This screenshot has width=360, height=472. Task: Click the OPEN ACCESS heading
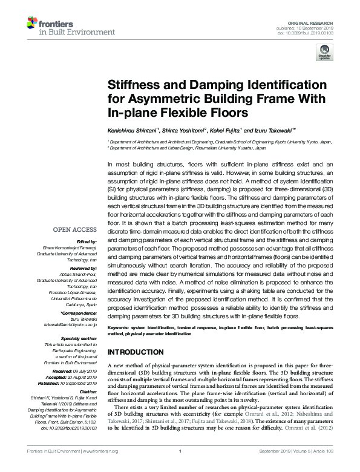coord(75,230)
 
